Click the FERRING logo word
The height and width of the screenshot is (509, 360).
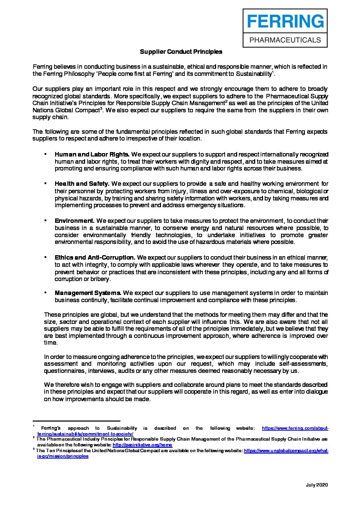(285, 21)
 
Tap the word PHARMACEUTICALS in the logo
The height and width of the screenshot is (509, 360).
(285, 40)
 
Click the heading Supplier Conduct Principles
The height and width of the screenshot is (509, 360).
(181, 52)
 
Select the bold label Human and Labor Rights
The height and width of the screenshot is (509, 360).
(92, 154)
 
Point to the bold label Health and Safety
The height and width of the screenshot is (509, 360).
(82, 184)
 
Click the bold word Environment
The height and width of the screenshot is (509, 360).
(75, 221)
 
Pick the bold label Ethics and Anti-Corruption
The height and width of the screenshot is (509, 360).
(95, 258)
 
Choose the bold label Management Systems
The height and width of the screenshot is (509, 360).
(88, 293)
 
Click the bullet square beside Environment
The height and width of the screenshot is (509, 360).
(45, 220)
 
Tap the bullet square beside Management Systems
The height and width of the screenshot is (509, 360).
(45, 292)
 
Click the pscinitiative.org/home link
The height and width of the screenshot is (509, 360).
(142, 445)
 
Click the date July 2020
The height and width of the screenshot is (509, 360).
(317, 485)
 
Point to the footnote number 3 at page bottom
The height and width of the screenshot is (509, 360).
(34, 449)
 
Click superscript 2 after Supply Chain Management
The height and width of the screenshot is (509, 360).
(226, 101)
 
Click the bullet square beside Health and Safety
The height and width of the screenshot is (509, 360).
(45, 183)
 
